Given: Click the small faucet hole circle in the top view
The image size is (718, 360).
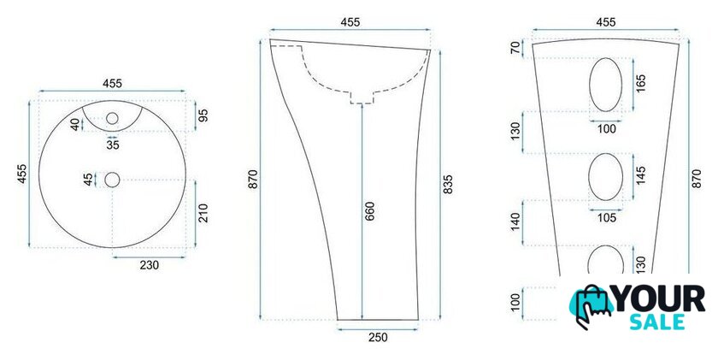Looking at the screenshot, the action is [x=112, y=119].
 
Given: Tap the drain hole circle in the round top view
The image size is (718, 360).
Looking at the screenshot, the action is [x=112, y=180].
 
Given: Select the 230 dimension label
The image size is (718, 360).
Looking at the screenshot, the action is [x=150, y=265].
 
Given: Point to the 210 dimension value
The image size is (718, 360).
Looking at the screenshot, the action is [x=203, y=213].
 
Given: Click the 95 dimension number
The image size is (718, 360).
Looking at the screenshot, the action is [x=203, y=115].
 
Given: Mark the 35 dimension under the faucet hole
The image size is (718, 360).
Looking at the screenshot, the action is [x=113, y=145].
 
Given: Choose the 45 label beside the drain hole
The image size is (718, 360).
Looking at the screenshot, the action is [x=88, y=180].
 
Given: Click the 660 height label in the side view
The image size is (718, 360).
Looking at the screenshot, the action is [x=369, y=211].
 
